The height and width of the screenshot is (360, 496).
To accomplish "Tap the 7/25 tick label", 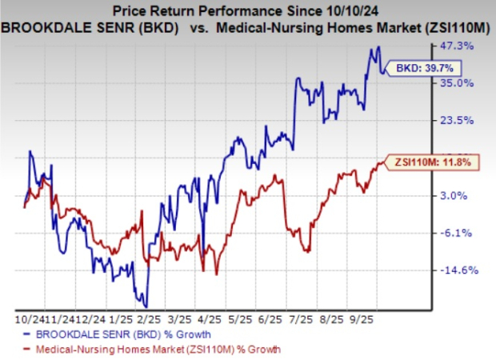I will click(x=298, y=317).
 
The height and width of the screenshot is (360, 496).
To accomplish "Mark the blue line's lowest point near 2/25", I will click(x=146, y=306).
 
